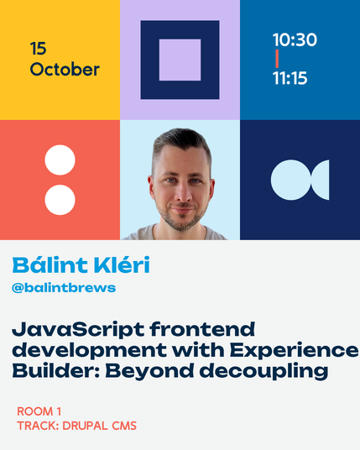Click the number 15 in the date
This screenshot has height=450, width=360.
(38, 49)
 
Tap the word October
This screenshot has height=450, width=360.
(65, 70)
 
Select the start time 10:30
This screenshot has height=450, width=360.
(295, 39)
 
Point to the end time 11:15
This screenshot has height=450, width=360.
(290, 78)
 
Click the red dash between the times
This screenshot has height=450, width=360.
(277, 59)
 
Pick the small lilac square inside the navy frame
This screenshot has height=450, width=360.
(180, 60)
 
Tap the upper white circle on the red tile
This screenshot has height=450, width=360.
(60, 160)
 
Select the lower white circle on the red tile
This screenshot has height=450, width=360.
(60, 200)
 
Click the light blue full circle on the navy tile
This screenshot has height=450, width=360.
(291, 180)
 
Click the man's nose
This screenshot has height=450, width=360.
(183, 192)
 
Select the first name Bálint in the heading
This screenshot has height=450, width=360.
(50, 264)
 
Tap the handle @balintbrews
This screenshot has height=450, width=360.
(64, 288)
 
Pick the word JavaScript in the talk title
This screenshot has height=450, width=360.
(78, 330)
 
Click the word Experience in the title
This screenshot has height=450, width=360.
(295, 351)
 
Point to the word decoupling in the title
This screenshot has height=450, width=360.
(263, 372)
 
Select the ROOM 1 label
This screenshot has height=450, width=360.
(39, 411)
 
